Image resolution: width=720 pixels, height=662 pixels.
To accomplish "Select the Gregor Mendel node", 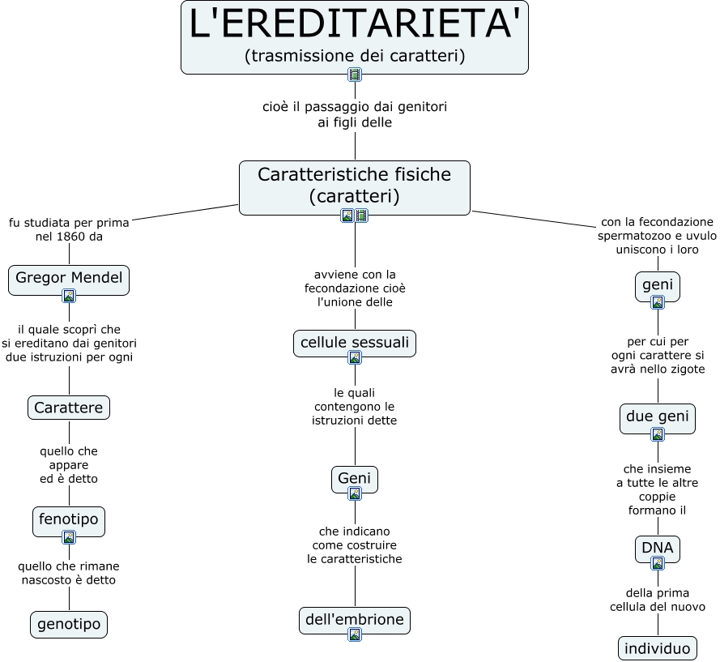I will point(69,279).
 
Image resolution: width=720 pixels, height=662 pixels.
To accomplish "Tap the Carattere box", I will point(69,408).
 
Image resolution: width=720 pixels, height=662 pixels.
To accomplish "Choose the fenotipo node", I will point(69,519).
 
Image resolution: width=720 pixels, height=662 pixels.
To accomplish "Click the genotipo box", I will point(69,625).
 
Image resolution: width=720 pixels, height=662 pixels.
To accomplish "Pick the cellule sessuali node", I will point(355,343).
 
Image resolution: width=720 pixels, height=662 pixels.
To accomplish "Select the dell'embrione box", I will point(355,620).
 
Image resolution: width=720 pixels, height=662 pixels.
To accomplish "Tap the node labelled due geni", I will point(657,416).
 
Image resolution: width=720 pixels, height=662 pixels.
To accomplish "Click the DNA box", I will point(657,548).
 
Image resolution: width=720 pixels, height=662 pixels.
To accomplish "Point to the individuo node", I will point(657,648).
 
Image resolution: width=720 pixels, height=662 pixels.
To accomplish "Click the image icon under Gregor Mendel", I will point(69,296).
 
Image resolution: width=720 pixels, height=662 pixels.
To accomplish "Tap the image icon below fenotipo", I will point(69,536).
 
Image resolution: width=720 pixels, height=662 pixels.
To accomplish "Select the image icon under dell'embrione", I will point(355,634).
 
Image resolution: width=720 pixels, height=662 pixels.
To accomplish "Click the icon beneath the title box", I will point(355,75).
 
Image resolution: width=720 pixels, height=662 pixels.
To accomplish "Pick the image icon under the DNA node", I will point(657,563).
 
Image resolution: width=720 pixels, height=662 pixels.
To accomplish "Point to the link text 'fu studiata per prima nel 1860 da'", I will point(69,229).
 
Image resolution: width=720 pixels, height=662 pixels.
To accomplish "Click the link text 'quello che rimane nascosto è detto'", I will point(69,573).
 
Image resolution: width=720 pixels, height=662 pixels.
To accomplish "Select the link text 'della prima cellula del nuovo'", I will point(657,600).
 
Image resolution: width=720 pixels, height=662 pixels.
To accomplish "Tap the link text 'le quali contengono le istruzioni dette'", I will point(355,407).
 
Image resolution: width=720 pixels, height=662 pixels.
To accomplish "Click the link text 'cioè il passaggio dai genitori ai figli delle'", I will point(355,114).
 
